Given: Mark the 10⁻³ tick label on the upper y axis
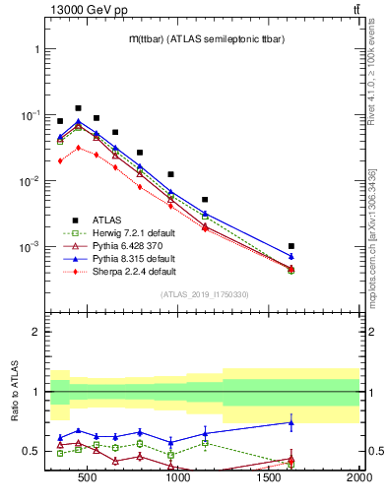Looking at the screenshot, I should (x=30, y=246).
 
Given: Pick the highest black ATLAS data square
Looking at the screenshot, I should (x=78, y=108).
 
